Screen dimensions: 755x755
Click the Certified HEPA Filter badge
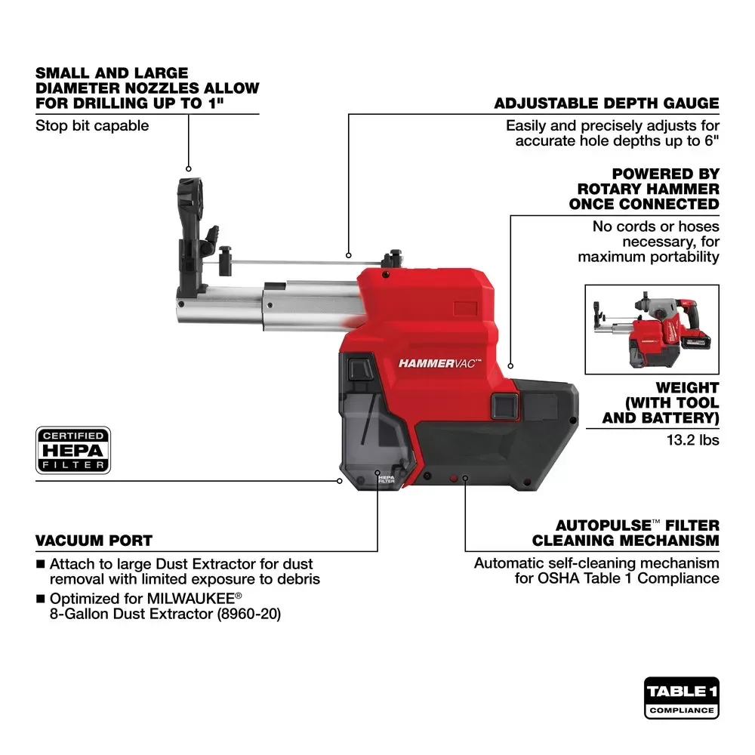73,451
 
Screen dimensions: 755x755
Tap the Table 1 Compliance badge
681,697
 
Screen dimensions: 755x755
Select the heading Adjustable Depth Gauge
606,103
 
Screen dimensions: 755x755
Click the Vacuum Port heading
94,541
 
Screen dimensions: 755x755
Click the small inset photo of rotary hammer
652,329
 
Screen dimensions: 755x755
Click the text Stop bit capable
92,125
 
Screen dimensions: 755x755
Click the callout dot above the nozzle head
188,168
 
